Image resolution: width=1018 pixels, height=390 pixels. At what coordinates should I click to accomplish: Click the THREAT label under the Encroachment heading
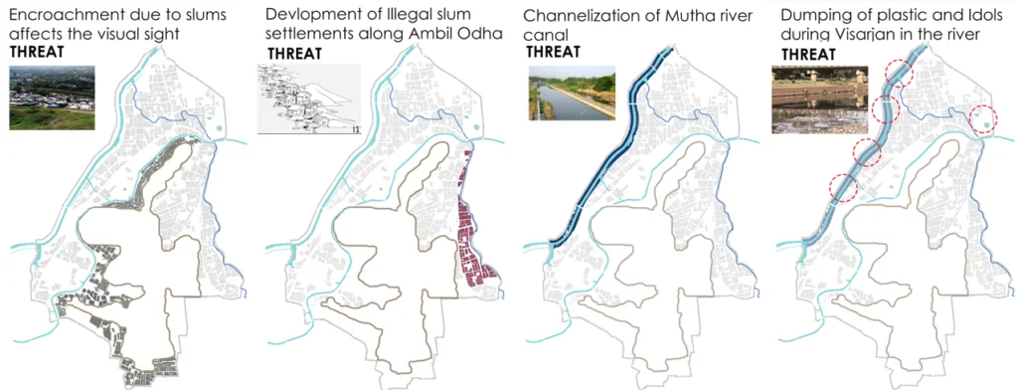[x=36, y=52]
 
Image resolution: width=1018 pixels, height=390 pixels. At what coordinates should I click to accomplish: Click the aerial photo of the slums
[x=52, y=97]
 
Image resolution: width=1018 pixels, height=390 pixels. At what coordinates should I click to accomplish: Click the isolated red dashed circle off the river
[x=982, y=118]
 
